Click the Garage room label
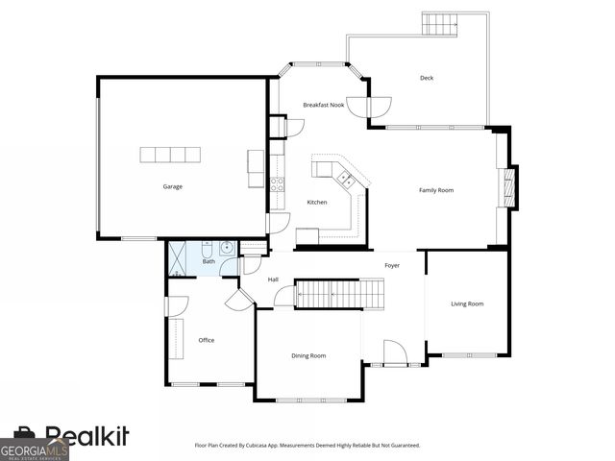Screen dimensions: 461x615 click(172, 186)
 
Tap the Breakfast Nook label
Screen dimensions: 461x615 click(324, 105)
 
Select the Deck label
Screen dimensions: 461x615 click(427, 78)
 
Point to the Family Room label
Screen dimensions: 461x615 click(435, 190)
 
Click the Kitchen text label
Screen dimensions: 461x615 click(317, 203)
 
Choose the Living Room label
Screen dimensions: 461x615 click(467, 304)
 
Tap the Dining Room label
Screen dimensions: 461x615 click(308, 355)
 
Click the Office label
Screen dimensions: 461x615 click(206, 340)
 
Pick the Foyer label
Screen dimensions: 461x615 click(392, 265)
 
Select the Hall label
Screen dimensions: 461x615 click(273, 279)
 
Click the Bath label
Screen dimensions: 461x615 click(208, 261)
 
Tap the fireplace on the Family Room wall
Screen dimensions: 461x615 click(510, 187)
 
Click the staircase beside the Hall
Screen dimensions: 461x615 click(338, 294)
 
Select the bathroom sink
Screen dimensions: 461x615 click(226, 249)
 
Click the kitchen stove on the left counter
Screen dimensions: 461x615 click(277, 184)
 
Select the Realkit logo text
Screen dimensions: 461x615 click(86, 437)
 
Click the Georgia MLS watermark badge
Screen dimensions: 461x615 click(35, 449)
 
